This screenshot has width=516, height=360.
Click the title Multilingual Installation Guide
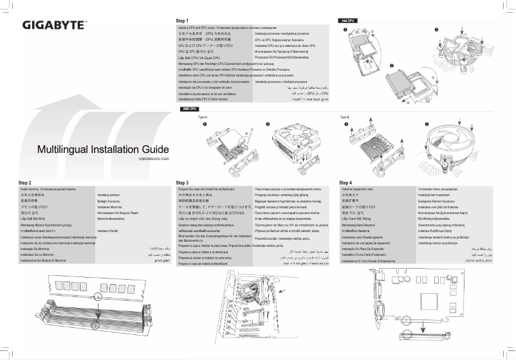[x=94, y=150]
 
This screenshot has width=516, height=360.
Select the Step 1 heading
[x=183, y=21]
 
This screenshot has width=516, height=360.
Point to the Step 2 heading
[x=25, y=183]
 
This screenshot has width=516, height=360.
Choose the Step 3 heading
[x=182, y=183]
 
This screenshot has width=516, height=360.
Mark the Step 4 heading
[x=346, y=183]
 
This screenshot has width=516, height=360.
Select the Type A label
[x=203, y=118]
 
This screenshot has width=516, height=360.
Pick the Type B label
[x=344, y=118]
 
